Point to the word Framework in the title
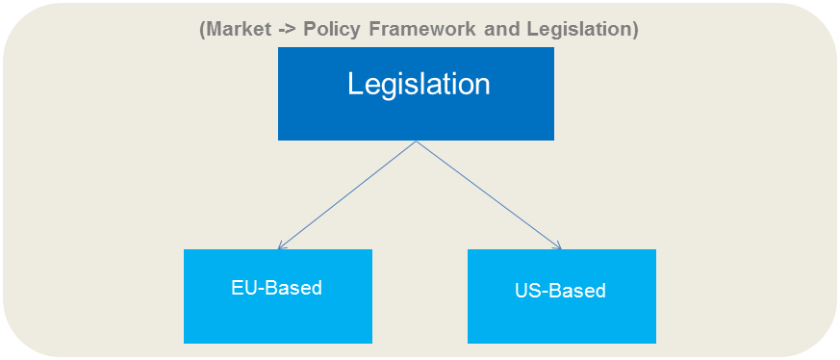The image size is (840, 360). pyautogui.click(x=420, y=29)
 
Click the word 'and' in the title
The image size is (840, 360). pyautogui.click(x=501, y=29)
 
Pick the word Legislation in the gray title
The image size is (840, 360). pyautogui.click(x=578, y=30)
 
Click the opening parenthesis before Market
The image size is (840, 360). pyautogui.click(x=202, y=30)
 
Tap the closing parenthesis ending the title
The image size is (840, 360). pyautogui.click(x=634, y=30)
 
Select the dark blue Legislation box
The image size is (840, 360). pyautogui.click(x=416, y=93)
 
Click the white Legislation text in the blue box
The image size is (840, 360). pyautogui.click(x=419, y=85)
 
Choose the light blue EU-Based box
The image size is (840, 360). pyautogui.click(x=277, y=296)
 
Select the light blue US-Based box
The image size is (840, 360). pyautogui.click(x=561, y=296)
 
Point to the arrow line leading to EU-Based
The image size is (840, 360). pyautogui.click(x=347, y=195)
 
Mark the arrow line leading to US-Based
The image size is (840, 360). pyautogui.click(x=489, y=195)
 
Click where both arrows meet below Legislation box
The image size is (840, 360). pyautogui.click(x=417, y=141)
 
